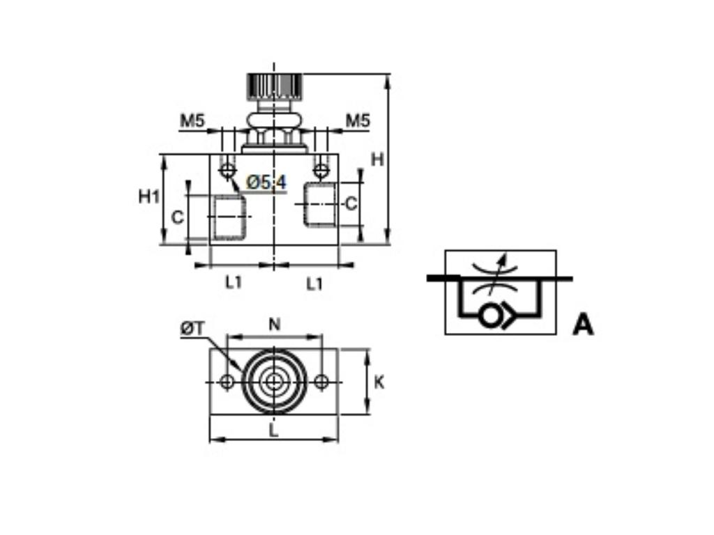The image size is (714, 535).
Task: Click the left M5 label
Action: pos(192,121)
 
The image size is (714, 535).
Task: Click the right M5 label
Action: pos(358,121)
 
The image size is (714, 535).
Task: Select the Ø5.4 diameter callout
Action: pos(266,183)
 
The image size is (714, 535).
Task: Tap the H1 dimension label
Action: pos(149,196)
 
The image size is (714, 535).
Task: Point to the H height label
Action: pos(377,160)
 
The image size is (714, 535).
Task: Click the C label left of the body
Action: pos(178,217)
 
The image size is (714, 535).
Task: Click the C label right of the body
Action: pos(351,203)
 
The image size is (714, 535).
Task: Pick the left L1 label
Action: pos(234,283)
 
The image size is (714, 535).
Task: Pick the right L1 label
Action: pos(315,283)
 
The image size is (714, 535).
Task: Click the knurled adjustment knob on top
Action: pos(273,86)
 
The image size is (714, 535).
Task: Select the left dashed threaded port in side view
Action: pos(229,217)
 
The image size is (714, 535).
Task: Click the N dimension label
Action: pos(275,323)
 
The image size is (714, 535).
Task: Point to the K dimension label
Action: pos(379,382)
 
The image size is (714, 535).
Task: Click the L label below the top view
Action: pos(274,431)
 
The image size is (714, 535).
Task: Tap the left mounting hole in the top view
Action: pos(227,382)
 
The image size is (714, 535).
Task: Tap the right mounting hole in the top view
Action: pos(321,382)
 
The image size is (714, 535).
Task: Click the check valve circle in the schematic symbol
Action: pos(489,316)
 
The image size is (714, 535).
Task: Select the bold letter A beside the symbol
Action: pos(583,325)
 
